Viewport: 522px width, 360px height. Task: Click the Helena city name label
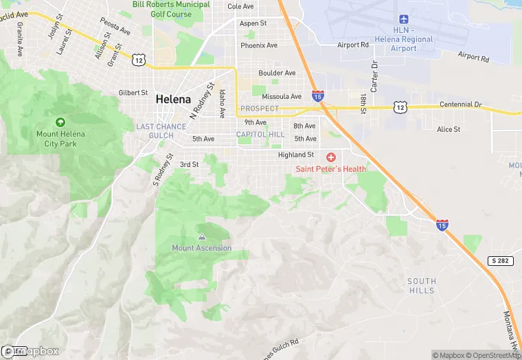(x=173, y=99)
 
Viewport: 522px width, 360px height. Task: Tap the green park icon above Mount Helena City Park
(x=60, y=122)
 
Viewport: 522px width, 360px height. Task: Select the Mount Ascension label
(x=202, y=248)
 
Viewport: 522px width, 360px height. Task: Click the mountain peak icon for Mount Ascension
(x=202, y=237)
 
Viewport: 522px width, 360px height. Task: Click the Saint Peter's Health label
(x=331, y=169)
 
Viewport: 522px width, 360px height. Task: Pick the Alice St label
(x=449, y=129)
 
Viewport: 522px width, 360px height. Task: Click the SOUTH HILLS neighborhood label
(x=421, y=286)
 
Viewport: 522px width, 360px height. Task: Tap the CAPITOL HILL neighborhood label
(x=260, y=135)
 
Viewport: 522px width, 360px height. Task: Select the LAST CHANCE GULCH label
(x=161, y=131)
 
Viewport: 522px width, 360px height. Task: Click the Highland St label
(x=296, y=155)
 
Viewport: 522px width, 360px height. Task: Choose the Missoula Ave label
(x=282, y=97)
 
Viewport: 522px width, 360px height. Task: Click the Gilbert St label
(x=133, y=93)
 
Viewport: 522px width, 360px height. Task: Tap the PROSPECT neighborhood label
(x=260, y=109)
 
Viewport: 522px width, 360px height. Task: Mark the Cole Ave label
(x=241, y=6)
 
